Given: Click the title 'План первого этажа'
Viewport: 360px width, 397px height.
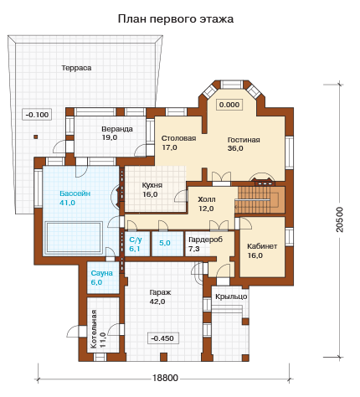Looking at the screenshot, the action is click(176, 19).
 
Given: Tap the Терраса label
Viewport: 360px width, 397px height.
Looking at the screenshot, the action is click(76, 68).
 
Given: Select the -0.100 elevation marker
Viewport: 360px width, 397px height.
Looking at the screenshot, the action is click(37, 115).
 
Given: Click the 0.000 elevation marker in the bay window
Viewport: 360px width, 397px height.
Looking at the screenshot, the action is click(229, 105).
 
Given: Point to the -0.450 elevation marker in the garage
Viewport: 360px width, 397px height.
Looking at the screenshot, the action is click(162, 338).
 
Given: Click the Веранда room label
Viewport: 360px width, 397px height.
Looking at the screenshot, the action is click(117, 129).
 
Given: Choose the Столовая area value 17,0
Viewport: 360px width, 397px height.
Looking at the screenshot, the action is click(170, 147).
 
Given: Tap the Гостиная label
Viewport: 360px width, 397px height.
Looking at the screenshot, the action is click(244, 140).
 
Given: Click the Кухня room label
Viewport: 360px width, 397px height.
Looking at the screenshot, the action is click(152, 185).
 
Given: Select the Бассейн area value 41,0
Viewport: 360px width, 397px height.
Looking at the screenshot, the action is click(67, 203).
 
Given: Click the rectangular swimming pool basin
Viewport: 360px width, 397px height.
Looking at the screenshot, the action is click(74, 238).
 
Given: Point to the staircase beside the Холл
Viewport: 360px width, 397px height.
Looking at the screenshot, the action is click(260, 199).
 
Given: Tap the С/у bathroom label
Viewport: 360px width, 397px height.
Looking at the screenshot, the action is click(136, 240).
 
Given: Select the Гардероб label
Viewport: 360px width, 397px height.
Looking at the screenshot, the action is click(206, 240).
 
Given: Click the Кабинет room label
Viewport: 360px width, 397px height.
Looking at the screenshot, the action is click(262, 246).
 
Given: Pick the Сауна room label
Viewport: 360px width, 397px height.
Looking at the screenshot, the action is click(102, 273).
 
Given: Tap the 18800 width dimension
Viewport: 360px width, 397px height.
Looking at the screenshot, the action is click(165, 378).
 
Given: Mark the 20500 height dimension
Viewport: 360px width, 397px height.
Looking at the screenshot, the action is click(340, 219).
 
